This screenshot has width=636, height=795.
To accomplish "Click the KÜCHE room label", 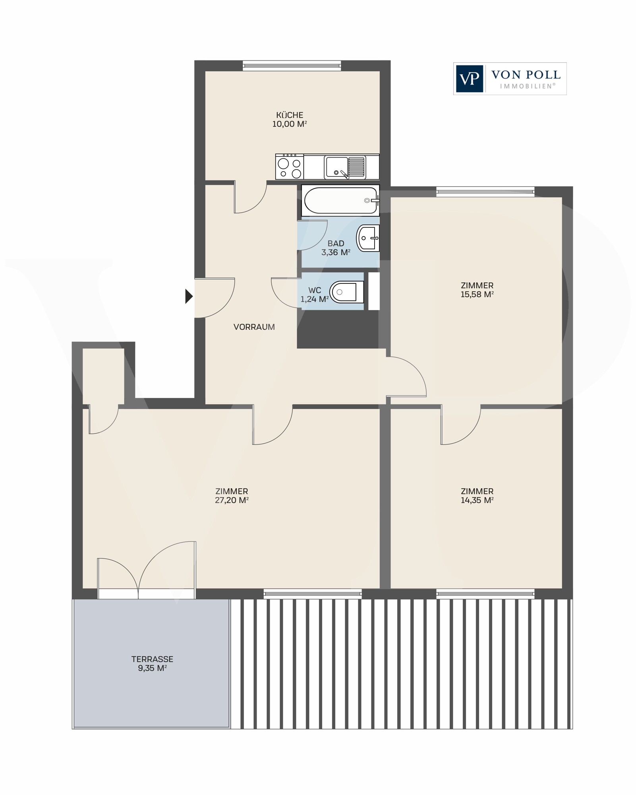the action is (290, 115).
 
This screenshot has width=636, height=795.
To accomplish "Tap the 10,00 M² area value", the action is (290, 124).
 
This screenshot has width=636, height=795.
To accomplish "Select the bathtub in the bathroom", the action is (340, 201).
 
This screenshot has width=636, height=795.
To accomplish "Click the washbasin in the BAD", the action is (368, 238).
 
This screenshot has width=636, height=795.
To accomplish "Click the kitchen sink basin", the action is (336, 167).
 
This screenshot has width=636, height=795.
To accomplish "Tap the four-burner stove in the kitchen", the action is (289, 167).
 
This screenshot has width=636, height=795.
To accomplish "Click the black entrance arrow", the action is (189, 296).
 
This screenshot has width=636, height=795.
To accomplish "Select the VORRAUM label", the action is (254, 327).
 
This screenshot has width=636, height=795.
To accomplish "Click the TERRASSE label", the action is (152, 659).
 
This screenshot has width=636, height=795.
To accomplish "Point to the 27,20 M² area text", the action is (232, 500).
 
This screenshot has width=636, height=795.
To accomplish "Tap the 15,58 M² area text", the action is (477, 295).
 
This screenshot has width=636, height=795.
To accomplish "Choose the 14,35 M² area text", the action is (477, 500).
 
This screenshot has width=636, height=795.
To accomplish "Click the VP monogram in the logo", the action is (470, 79).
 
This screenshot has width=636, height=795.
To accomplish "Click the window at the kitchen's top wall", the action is (292, 66).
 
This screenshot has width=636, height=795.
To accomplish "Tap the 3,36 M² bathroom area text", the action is (336, 252).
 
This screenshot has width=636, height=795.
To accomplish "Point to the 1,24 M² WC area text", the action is (315, 299).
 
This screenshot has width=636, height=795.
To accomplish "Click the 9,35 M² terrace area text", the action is (152, 668).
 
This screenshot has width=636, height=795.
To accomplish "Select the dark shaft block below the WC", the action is (338, 329).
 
